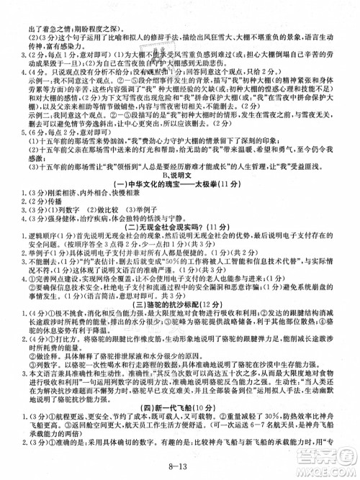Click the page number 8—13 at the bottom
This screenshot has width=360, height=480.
point(181,468)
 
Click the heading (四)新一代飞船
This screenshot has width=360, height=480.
point(166,430)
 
